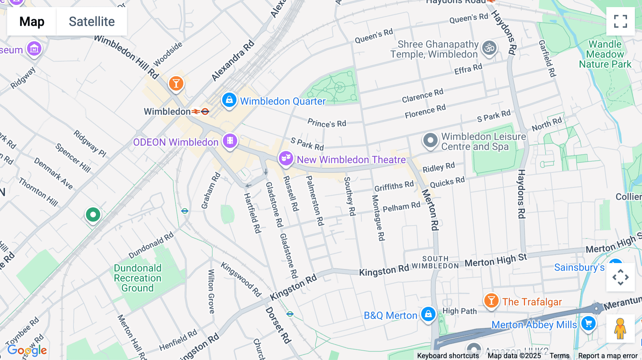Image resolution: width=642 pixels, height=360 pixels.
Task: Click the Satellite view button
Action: click(x=92, y=21)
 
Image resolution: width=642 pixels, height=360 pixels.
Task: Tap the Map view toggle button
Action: click(x=32, y=21)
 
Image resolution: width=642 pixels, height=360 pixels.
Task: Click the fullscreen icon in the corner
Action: click(x=620, y=21)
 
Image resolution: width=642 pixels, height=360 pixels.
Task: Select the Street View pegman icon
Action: click(x=620, y=328)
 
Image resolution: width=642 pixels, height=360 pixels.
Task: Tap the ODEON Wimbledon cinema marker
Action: click(x=230, y=141)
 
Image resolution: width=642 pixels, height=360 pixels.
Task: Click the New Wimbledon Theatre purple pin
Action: click(x=286, y=158)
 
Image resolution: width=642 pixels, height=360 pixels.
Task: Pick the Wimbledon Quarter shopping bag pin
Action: click(x=229, y=100)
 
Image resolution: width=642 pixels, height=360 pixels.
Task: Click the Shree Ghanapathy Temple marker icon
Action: click(x=489, y=48)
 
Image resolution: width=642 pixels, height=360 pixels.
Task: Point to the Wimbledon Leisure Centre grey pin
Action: click(x=430, y=140)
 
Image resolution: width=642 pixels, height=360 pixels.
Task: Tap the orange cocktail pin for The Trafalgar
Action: click(x=491, y=301)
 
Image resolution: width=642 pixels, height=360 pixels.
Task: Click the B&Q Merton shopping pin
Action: click(x=428, y=314)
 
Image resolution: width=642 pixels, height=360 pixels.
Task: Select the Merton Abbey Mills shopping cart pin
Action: click(x=588, y=324)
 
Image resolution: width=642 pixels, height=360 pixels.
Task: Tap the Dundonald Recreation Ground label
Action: click(x=138, y=278)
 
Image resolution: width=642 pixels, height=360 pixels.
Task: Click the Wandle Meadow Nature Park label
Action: click(x=605, y=54)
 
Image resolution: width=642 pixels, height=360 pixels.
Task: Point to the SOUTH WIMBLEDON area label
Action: click(x=435, y=262)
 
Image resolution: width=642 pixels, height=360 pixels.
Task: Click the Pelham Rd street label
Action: click(x=401, y=207)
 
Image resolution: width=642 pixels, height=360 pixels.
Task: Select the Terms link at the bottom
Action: click(x=559, y=356)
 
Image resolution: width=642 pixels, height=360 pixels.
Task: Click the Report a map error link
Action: click(x=607, y=356)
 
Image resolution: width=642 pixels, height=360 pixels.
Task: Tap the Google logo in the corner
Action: click(x=27, y=350)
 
